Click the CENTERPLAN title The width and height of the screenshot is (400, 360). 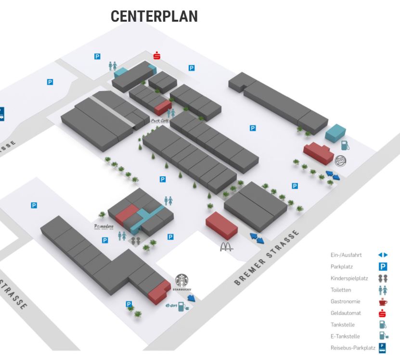coord(154,16)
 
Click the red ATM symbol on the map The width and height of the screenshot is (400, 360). coord(157,55)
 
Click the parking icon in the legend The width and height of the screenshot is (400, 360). coord(383,265)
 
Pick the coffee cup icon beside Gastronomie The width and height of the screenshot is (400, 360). coord(383,302)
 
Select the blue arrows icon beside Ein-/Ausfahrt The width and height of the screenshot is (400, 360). coord(383,255)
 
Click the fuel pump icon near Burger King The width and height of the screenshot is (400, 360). coord(345,145)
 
